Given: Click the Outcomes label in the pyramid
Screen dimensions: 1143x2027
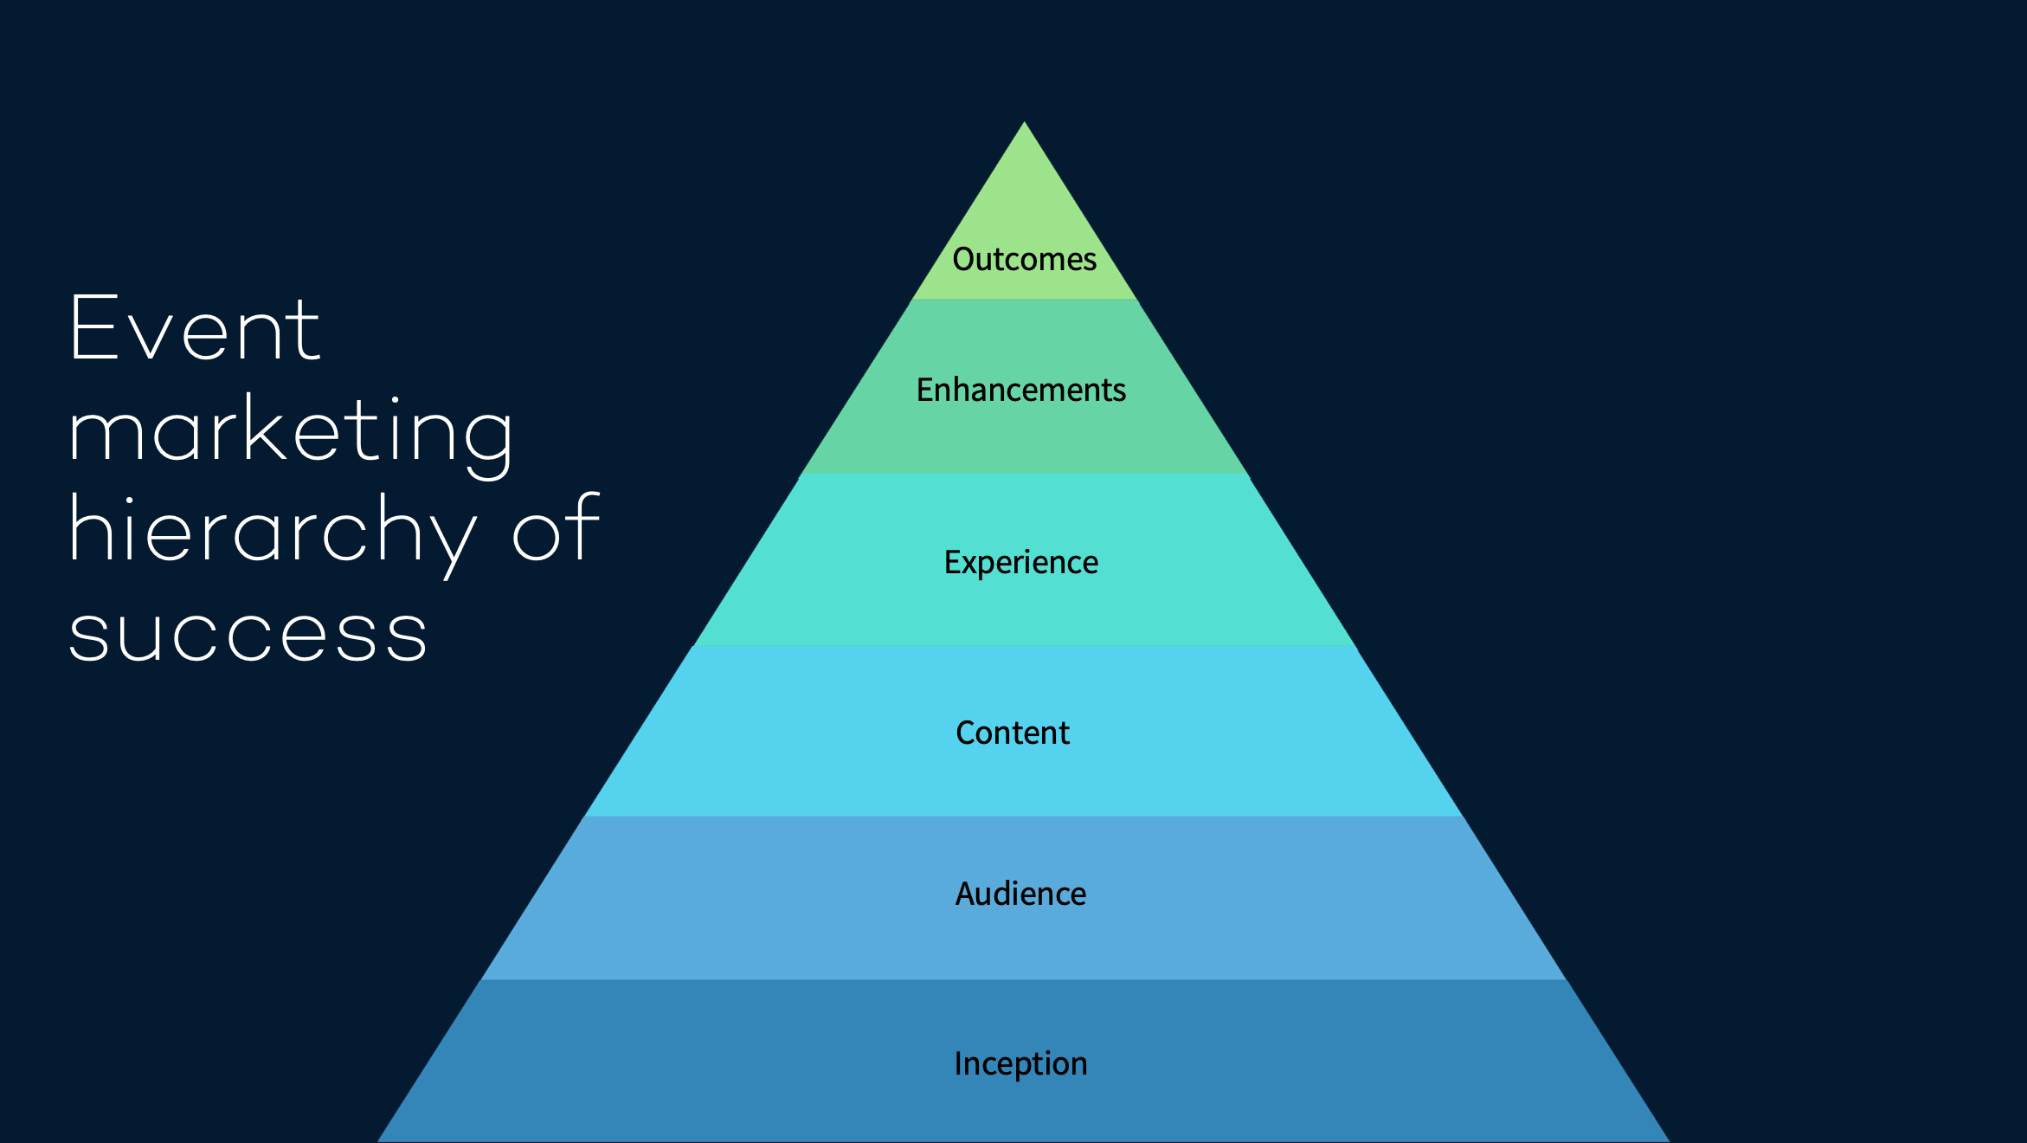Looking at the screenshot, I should (1024, 259).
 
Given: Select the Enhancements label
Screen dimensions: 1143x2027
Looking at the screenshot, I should (1021, 390).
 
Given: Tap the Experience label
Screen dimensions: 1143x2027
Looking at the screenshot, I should (1020, 563).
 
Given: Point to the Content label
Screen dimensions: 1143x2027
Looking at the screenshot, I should (1013, 733).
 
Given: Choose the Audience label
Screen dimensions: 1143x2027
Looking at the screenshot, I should (1020, 894).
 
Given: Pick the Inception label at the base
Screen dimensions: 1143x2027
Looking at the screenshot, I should (1020, 1063).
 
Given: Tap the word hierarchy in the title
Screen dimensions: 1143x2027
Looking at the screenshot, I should (273, 530).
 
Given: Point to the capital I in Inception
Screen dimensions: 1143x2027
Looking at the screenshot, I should (958, 1062).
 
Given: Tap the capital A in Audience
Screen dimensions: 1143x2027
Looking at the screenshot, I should (967, 894).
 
